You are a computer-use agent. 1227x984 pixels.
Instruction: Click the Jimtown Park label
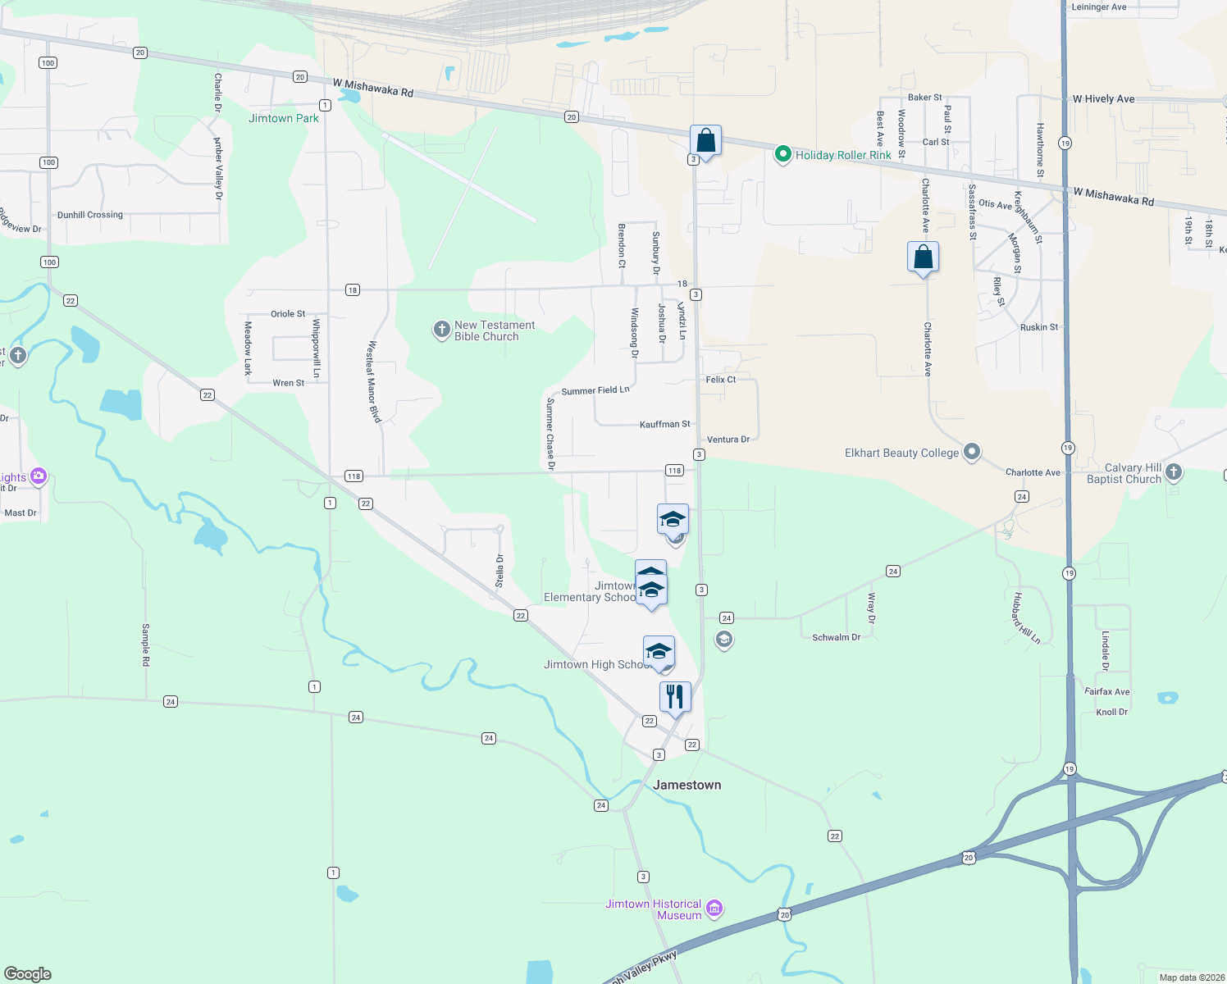(x=284, y=118)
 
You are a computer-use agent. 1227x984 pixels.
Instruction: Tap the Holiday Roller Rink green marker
(x=783, y=154)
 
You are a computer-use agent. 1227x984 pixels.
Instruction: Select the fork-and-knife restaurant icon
(x=675, y=697)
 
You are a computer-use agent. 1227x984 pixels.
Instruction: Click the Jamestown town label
(x=687, y=785)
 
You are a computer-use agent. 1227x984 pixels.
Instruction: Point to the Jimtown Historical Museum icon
(x=714, y=908)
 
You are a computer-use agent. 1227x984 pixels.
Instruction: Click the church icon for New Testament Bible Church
(x=441, y=330)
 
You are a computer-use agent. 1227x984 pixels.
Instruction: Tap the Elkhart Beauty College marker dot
(x=972, y=452)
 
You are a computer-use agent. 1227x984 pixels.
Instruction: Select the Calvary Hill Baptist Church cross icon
(x=1174, y=471)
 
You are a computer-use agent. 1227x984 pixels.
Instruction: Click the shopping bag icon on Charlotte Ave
(x=924, y=257)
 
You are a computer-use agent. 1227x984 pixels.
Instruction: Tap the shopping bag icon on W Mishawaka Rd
(x=705, y=140)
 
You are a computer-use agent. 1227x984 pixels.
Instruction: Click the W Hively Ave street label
(x=1104, y=99)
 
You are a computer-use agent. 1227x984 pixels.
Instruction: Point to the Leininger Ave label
(x=1099, y=7)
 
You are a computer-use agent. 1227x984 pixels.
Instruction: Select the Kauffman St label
(x=665, y=424)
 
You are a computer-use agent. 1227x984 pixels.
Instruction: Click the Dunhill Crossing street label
(x=90, y=215)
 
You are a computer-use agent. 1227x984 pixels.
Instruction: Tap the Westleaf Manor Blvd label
(x=374, y=381)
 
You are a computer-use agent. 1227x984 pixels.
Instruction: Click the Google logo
(x=28, y=973)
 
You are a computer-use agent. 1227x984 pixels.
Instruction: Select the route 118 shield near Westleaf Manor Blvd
(x=354, y=476)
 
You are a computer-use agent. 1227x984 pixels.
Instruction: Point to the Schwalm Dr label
(x=837, y=637)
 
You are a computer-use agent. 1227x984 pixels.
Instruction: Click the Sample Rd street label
(x=146, y=645)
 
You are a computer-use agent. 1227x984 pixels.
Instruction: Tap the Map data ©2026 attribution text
(x=1192, y=977)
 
